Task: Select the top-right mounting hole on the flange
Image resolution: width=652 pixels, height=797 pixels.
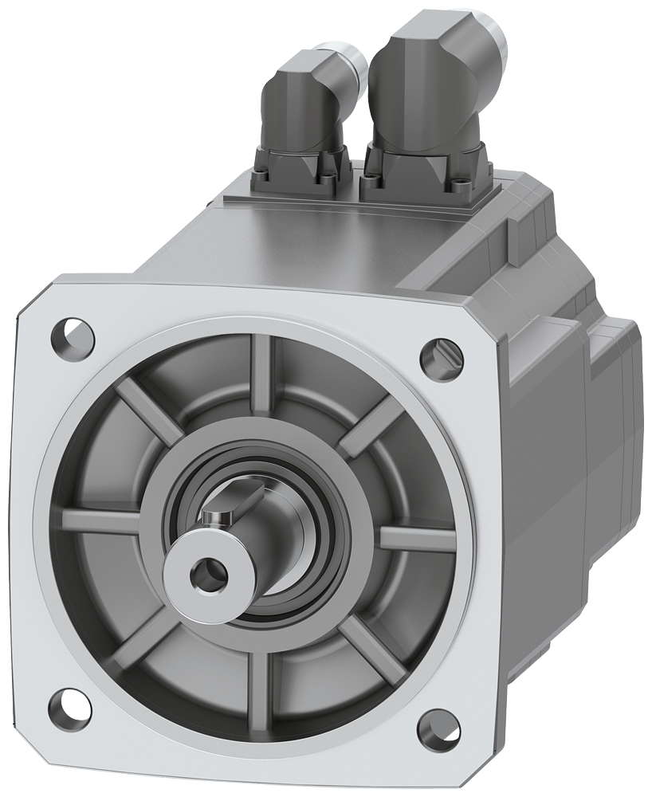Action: [437, 351]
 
